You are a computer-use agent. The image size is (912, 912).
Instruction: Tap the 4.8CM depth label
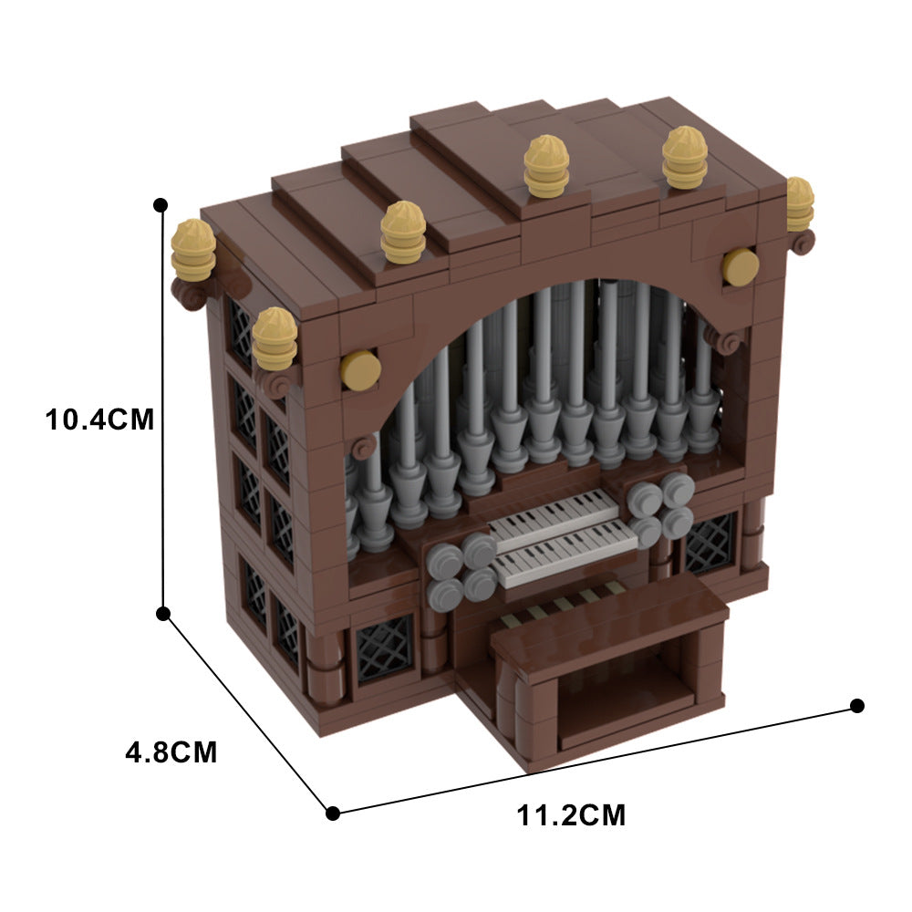[171, 753]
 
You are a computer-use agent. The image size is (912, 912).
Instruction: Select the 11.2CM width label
[572, 814]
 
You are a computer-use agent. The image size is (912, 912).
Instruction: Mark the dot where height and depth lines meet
[164, 614]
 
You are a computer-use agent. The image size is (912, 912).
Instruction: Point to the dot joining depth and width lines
[333, 813]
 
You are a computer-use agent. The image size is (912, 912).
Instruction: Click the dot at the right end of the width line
[856, 705]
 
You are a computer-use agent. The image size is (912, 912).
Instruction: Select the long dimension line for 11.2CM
[593, 759]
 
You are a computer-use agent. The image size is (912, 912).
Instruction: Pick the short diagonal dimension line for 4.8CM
[248, 713]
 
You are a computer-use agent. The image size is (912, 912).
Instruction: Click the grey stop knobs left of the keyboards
[461, 570]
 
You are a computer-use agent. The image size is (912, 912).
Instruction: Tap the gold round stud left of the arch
[359, 370]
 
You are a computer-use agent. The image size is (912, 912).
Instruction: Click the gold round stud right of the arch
[740, 266]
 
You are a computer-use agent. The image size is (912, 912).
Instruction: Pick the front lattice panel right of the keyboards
[710, 542]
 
